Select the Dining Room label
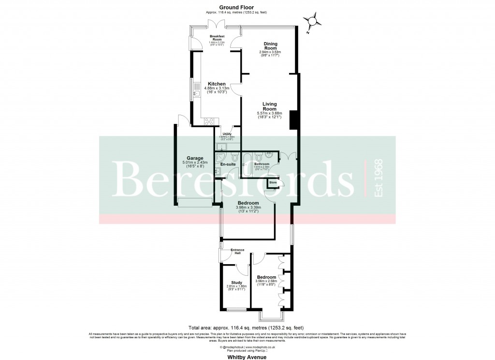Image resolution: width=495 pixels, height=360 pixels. click(270, 46)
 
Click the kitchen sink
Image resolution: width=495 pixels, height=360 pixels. click(197, 94)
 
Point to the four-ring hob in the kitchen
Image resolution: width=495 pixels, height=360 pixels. click(209, 121)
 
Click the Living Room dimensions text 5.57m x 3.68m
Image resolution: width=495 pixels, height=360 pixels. click(269, 114)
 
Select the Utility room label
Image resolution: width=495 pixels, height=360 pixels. click(227, 134)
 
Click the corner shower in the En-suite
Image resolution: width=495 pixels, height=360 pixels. click(221, 156)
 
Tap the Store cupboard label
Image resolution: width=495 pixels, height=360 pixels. click(273, 182)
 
